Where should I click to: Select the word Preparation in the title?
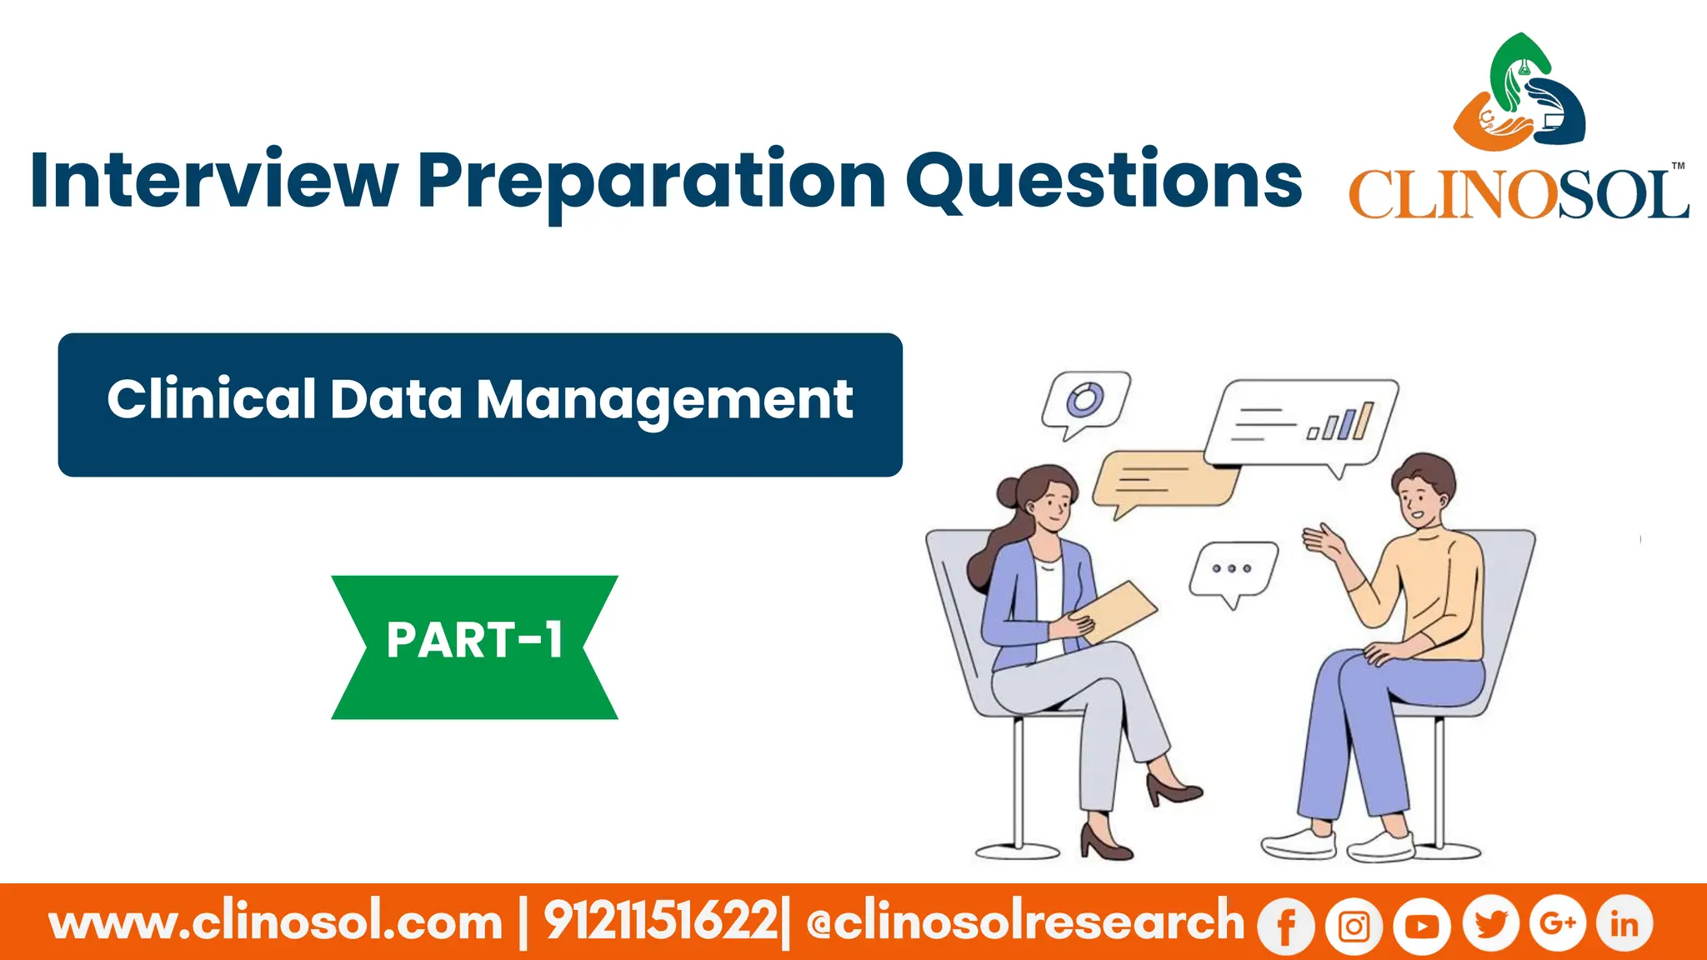[652, 182]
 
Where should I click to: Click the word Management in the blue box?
[664, 400]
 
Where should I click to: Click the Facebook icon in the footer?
[1286, 925]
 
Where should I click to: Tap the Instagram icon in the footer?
[1354, 925]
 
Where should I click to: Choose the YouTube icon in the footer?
[1421, 925]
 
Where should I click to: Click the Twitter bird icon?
[1490, 923]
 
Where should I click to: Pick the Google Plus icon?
[1557, 923]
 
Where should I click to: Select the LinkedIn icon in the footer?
[1624, 923]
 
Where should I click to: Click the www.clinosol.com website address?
[276, 922]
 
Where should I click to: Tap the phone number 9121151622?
[660, 922]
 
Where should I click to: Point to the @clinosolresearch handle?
[1024, 922]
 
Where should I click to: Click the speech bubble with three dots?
[1233, 570]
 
